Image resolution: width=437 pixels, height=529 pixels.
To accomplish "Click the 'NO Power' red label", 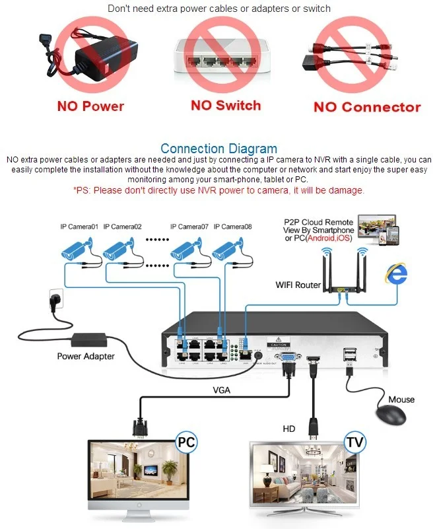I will click(90, 106).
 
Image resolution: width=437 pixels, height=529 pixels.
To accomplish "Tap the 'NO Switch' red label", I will click(226, 105).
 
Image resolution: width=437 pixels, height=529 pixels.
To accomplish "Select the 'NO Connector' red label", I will click(366, 107).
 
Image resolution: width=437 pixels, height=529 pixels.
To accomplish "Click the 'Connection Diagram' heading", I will click(218, 149).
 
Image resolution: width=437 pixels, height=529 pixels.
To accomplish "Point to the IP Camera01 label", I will click(79, 227).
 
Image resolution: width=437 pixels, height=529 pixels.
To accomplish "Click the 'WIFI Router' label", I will click(298, 285).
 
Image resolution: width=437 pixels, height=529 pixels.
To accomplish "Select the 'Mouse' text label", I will click(401, 399).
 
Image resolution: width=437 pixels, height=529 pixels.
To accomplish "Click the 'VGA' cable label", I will click(221, 390).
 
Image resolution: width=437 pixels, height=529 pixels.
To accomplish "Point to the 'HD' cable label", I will click(289, 429).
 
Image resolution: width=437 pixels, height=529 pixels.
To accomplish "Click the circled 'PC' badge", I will click(185, 441).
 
